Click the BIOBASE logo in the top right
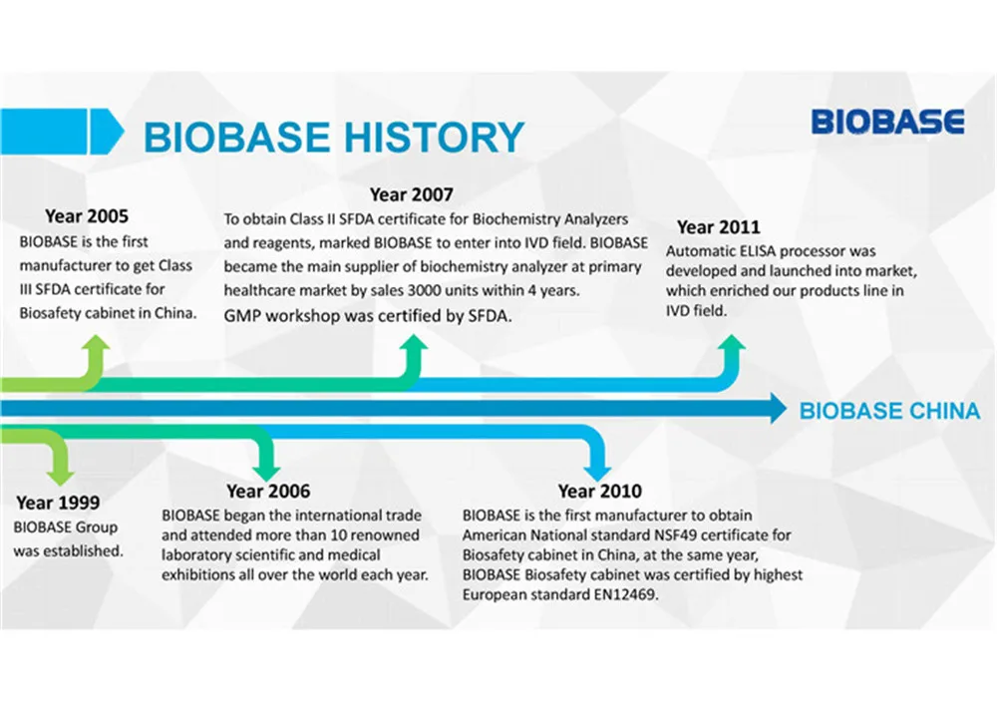click(x=887, y=122)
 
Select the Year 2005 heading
click(x=87, y=215)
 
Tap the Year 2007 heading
click(x=411, y=194)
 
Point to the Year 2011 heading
click(x=718, y=227)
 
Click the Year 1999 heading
click(x=57, y=503)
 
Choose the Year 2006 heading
click(x=267, y=491)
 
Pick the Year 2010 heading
click(x=599, y=491)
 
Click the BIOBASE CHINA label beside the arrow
click(x=889, y=411)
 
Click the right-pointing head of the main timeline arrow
click(x=775, y=408)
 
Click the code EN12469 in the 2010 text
click(x=629, y=594)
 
